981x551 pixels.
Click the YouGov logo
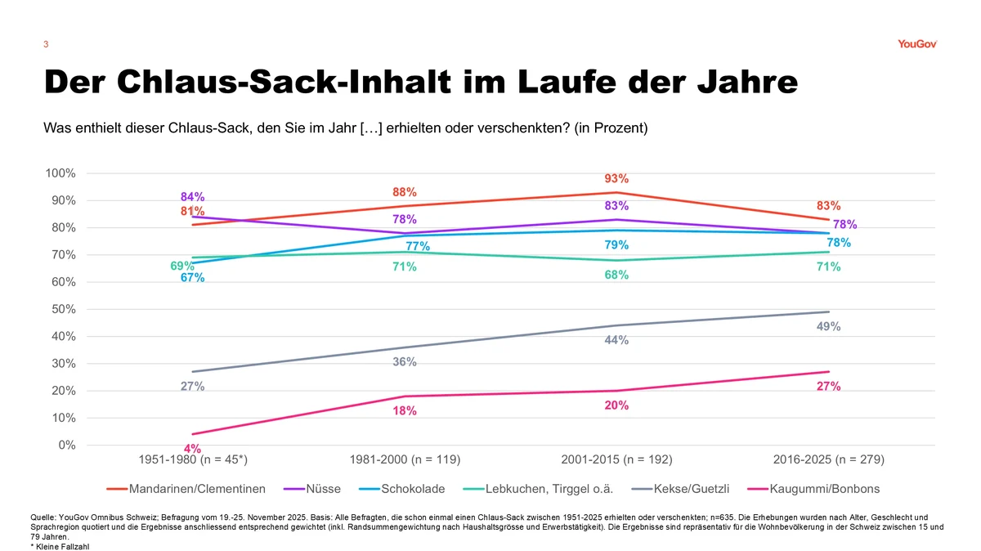(916, 44)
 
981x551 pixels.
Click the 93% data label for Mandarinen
(616, 178)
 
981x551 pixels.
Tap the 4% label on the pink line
(192, 448)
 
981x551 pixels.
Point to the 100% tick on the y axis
(60, 173)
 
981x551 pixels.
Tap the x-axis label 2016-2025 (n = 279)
(828, 459)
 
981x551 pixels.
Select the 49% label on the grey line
(828, 327)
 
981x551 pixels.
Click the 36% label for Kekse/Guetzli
(405, 362)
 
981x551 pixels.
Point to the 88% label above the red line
(405, 192)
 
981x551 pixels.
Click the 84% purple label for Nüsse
(192, 197)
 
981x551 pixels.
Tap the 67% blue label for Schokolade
(192, 278)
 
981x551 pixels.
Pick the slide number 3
(45, 44)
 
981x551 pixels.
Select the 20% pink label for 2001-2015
(616, 405)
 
